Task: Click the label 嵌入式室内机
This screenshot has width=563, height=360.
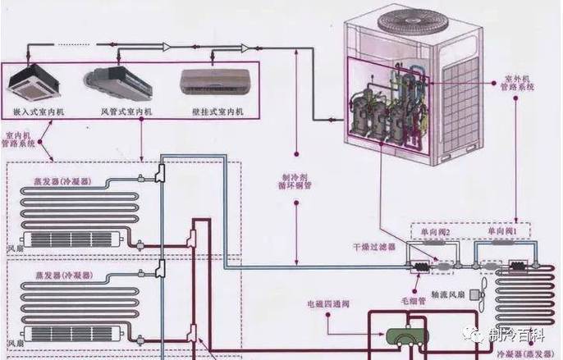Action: pyautogui.click(x=34, y=111)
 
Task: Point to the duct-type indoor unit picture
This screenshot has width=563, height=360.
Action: pyautogui.click(x=119, y=80)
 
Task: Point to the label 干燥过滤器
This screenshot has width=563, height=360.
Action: pyautogui.click(x=373, y=247)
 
